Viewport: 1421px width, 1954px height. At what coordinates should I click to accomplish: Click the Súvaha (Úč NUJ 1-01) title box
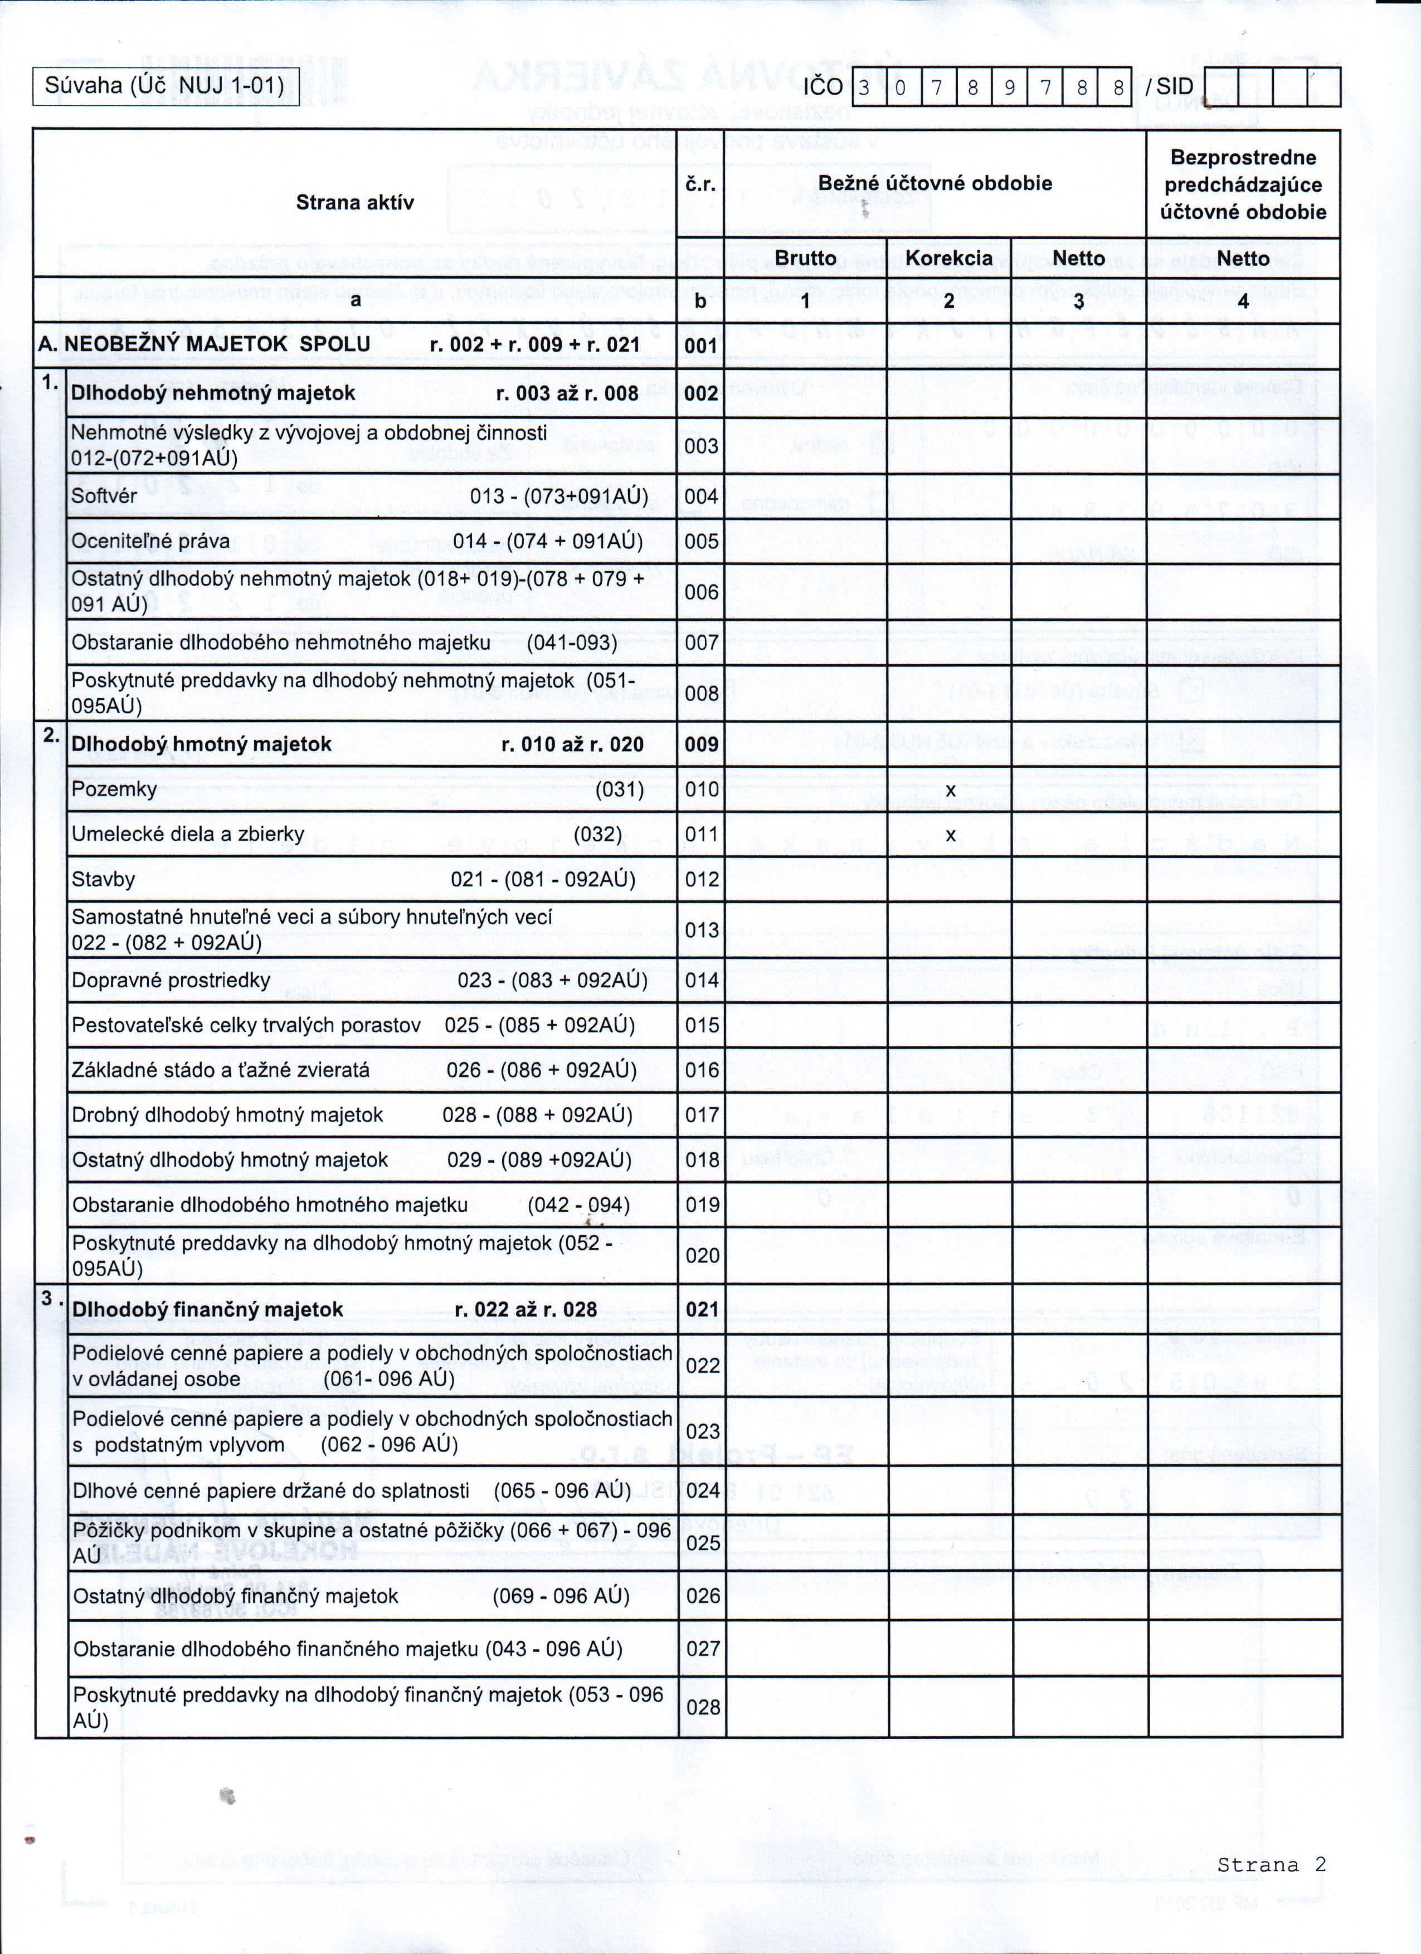166,86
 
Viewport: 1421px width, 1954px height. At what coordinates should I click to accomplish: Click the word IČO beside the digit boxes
823,87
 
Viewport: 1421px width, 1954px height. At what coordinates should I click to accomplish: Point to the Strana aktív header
354,202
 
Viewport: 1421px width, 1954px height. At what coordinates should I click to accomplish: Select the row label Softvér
104,497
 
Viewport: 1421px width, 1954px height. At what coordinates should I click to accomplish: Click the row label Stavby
104,880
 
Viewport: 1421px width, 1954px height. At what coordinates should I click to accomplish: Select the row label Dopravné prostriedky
171,981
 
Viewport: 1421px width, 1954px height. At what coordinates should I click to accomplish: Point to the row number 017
702,1115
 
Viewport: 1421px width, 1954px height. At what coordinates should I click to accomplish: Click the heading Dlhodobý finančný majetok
208,1309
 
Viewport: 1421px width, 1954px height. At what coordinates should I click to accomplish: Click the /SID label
1169,87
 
